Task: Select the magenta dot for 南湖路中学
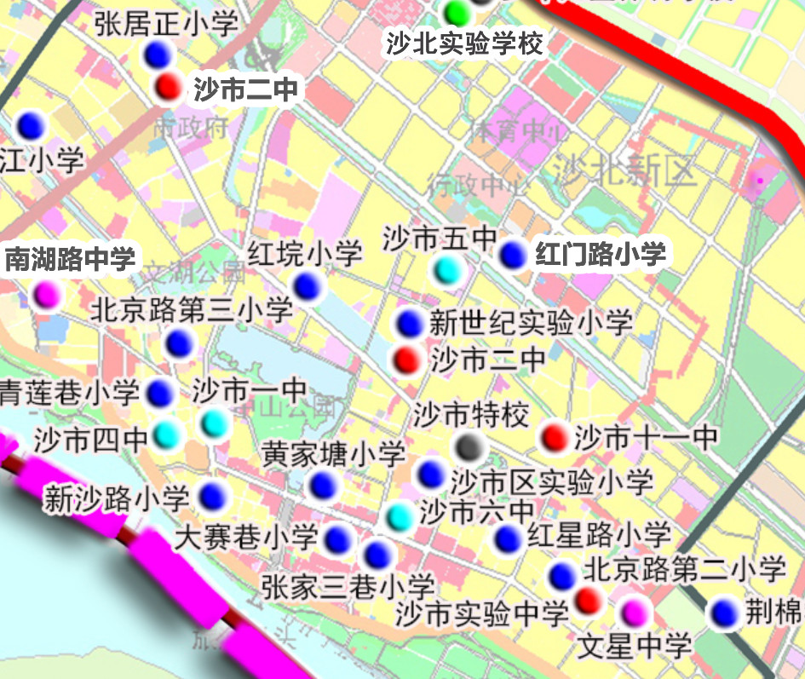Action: tap(46, 294)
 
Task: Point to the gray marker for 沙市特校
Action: tap(469, 446)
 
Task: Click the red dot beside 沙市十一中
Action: tap(555, 437)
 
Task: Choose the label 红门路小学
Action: tap(600, 254)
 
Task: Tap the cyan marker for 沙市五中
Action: tap(448, 270)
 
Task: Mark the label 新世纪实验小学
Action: tap(531, 323)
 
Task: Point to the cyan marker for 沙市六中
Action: tap(399, 515)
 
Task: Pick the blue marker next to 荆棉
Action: tap(725, 612)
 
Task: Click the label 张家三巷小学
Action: tap(348, 586)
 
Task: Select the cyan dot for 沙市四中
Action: tap(167, 435)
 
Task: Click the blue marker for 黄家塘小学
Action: tap(322, 486)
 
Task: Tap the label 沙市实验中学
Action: tap(481, 612)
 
